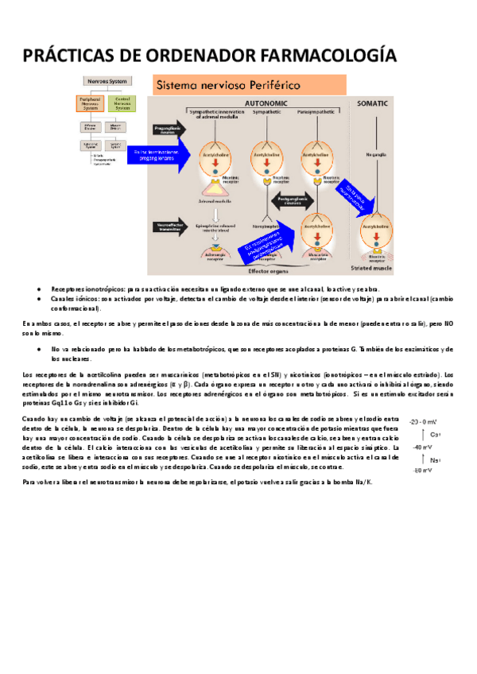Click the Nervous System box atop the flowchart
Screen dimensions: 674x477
point(106,81)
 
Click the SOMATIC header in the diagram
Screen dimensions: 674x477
point(374,103)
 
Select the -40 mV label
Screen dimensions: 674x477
point(421,447)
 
